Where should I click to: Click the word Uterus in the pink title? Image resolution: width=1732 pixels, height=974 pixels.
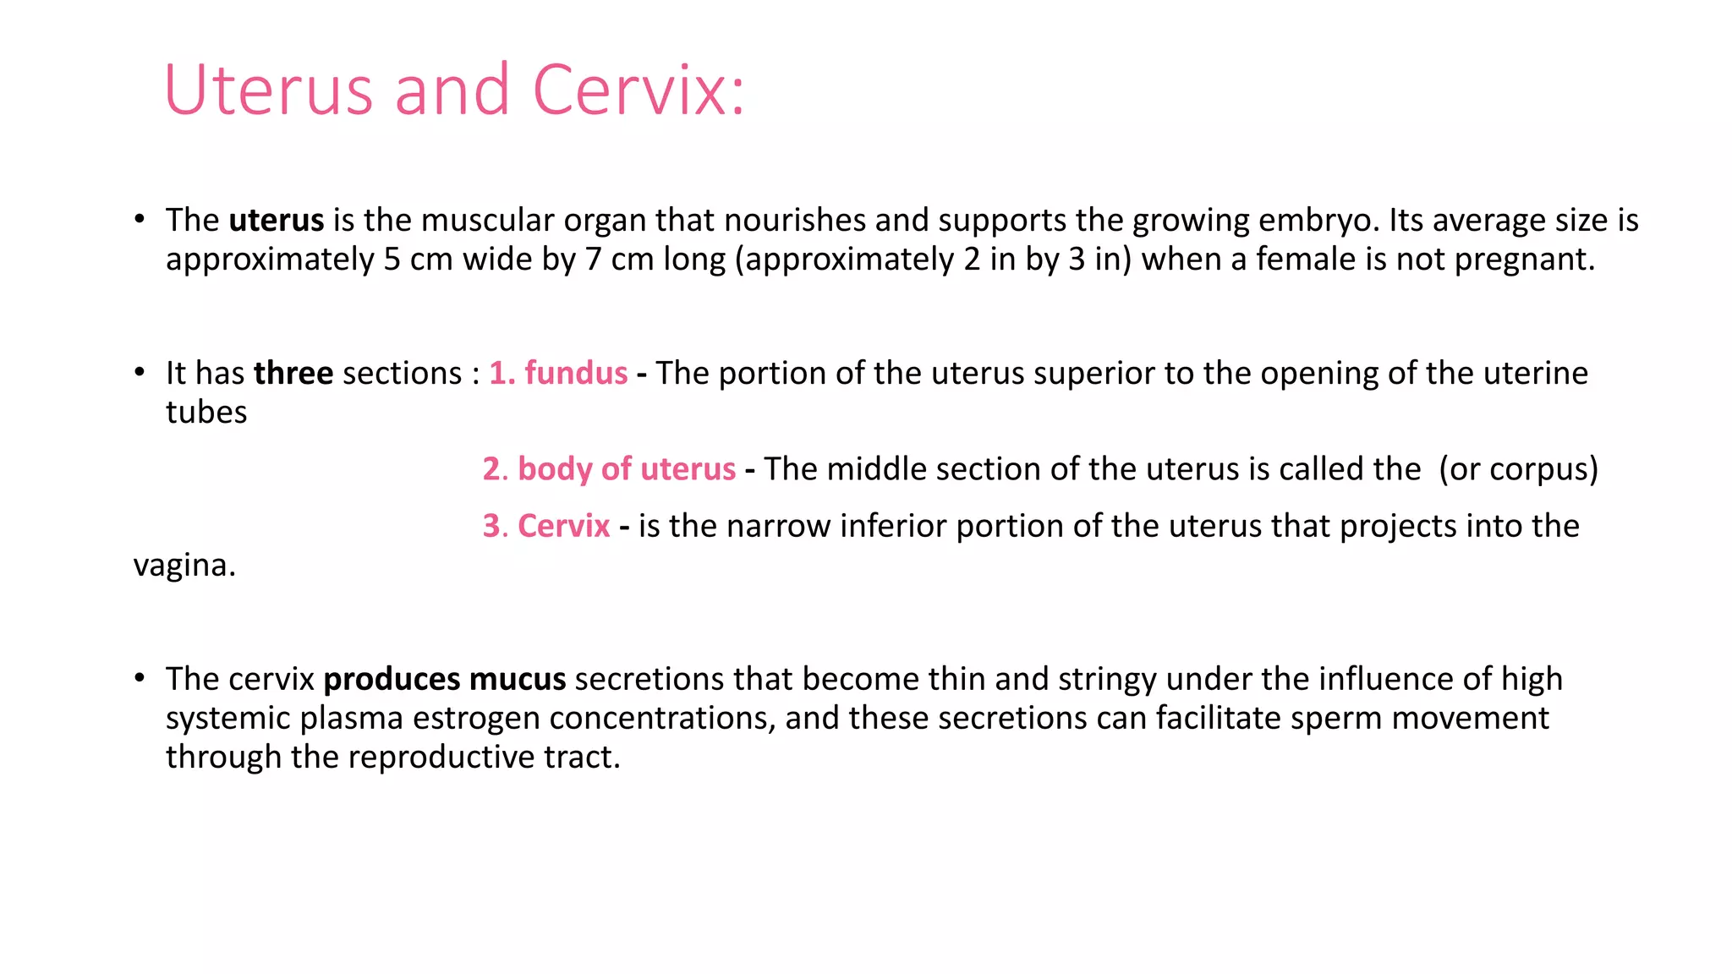[268, 90]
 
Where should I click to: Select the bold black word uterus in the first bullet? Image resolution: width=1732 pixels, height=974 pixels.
[277, 221]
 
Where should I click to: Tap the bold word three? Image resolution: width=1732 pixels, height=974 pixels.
[293, 374]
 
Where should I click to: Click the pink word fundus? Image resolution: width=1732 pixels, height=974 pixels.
[576, 374]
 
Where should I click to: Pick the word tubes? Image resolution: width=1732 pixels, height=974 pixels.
[206, 413]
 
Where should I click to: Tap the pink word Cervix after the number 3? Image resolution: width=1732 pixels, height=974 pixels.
[563, 527]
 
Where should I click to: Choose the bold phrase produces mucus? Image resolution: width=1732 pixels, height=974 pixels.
[445, 680]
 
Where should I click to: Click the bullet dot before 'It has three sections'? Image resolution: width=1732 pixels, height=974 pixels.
[140, 373]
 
